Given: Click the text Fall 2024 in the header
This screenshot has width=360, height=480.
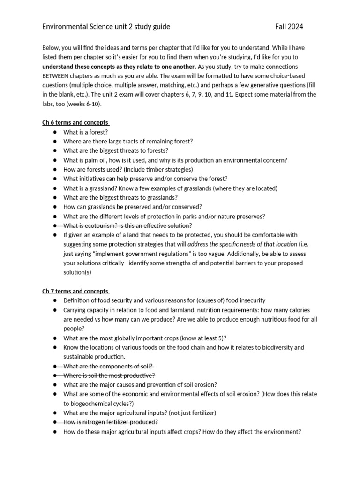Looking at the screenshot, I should pyautogui.click(x=289, y=27).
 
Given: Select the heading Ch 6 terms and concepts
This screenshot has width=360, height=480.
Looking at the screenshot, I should pyautogui.click(x=75, y=123).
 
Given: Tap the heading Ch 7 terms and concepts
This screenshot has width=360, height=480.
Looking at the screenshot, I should pyautogui.click(x=75, y=291).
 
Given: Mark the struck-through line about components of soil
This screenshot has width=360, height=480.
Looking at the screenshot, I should pyautogui.click(x=109, y=366).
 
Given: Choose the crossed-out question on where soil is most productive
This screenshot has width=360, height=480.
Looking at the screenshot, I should pyautogui.click(x=109, y=375).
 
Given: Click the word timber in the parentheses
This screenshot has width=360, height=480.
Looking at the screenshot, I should pyautogui.click(x=148, y=169).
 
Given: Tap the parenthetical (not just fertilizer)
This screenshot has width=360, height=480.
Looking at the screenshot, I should pyautogui.click(x=186, y=412).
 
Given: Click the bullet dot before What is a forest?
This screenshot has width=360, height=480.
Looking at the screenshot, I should pyautogui.click(x=55, y=132).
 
